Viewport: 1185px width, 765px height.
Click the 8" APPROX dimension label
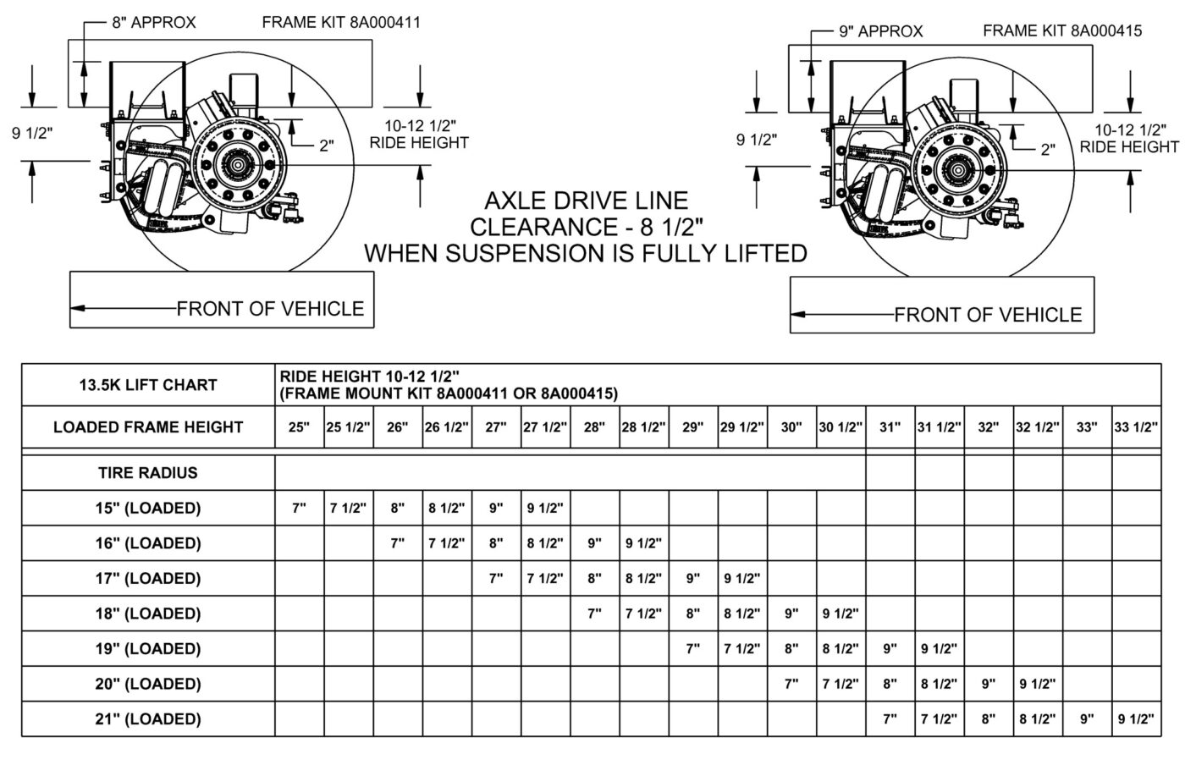click(153, 23)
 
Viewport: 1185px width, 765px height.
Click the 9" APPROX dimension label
click(880, 31)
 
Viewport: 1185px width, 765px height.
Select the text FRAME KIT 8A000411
click(341, 23)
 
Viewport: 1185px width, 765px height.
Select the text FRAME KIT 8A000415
click(1062, 31)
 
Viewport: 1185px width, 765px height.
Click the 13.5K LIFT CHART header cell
click(148, 385)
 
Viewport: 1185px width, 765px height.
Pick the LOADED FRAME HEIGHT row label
click(148, 427)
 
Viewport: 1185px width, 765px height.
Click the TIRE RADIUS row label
click(148, 473)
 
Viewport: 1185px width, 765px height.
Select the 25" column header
click(299, 427)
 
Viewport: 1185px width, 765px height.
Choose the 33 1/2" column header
click(1136, 427)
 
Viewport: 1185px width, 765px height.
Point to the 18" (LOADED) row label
click(148, 614)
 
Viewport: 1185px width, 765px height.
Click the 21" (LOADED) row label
click(148, 719)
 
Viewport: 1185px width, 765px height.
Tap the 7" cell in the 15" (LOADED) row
click(299, 509)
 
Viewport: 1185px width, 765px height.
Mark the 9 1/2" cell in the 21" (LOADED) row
click(1136, 719)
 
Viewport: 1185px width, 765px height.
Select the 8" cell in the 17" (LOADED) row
click(594, 579)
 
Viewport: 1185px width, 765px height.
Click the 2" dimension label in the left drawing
click(327, 146)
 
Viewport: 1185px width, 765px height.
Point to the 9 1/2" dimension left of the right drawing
click(757, 140)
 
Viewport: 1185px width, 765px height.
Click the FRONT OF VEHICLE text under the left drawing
click(270, 309)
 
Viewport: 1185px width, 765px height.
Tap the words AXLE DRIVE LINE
click(586, 201)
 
